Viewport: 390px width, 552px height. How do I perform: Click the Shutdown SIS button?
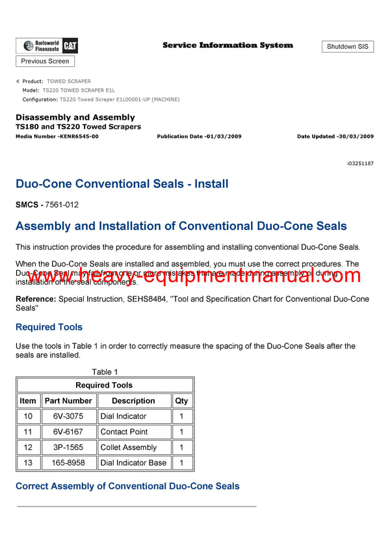348,47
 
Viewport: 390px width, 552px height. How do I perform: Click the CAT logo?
71,46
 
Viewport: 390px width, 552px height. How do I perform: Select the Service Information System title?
227,46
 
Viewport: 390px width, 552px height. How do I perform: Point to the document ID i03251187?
361,164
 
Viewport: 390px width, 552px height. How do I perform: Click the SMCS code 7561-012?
62,205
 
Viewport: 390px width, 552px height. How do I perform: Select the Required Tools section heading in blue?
49,327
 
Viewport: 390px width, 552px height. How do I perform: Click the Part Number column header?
68,401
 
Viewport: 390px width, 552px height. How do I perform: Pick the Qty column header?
181,401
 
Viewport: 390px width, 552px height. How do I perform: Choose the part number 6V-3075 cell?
68,416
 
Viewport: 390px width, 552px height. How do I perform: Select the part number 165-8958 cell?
68,463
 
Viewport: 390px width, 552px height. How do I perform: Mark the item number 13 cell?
28,463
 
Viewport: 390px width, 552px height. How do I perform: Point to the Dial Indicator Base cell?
133,463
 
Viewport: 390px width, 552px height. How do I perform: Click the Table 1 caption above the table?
105,372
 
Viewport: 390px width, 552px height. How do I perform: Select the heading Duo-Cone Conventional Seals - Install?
122,184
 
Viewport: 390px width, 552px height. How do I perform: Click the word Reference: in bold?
36,299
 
